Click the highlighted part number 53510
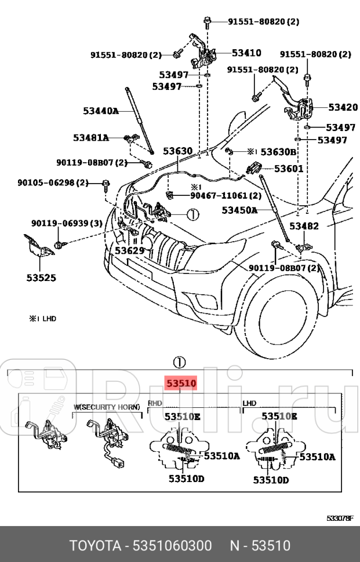[x=182, y=383]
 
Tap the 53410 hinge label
[x=246, y=53]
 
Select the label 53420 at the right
[x=343, y=107]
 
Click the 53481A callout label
[x=91, y=138]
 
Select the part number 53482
[x=303, y=226]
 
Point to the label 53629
[x=129, y=250]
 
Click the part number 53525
[x=41, y=278]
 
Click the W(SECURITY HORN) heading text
[x=107, y=407]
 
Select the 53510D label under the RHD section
[x=187, y=479]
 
